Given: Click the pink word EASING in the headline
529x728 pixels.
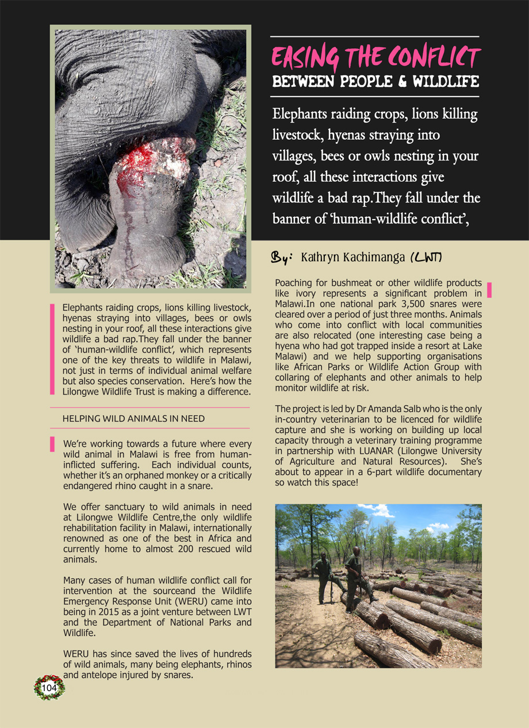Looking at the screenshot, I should pos(305,59).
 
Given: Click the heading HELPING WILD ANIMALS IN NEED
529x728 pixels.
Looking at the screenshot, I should pos(133,419).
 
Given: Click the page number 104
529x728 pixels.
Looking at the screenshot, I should pos(49,688).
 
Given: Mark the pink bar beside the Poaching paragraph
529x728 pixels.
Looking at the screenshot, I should pos(489,290).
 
